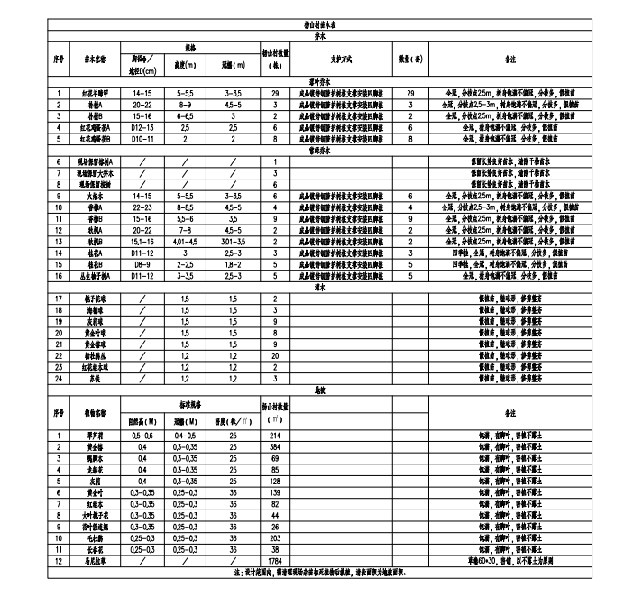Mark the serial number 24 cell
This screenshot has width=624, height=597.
(x=58, y=379)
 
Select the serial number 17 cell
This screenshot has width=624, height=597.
(x=58, y=298)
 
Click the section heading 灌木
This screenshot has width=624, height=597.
(x=319, y=288)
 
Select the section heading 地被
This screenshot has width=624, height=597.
(x=319, y=390)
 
